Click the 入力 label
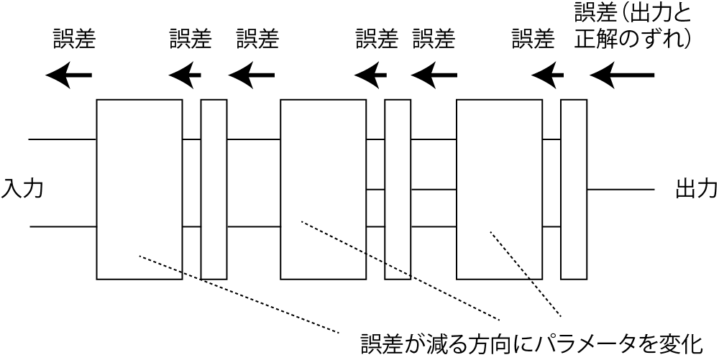click(x=22, y=189)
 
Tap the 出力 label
click(x=696, y=189)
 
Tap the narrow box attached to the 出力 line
click(x=573, y=189)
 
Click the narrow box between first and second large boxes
click(x=214, y=189)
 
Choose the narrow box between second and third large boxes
click(x=398, y=189)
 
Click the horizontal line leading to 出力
click(x=620, y=190)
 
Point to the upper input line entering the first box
click(x=62, y=139)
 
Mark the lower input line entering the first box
click(x=63, y=227)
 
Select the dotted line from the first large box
click(x=237, y=293)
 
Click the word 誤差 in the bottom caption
click(x=381, y=343)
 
